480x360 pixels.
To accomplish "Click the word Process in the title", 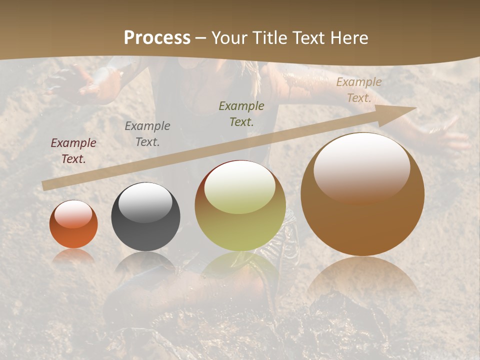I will pyautogui.click(x=157, y=38).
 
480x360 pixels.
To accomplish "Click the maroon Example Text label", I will pyautogui.click(x=73, y=151).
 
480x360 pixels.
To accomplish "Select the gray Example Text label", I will pyautogui.click(x=147, y=134).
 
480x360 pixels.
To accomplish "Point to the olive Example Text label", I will pyautogui.click(x=241, y=113).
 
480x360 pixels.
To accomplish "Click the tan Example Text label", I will pyautogui.click(x=358, y=90).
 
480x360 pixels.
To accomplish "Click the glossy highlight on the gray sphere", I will pyautogui.click(x=145, y=202).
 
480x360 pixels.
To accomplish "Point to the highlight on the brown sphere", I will pyautogui.click(x=361, y=167).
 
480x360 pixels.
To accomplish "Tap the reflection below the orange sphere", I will pyautogui.click(x=73, y=256).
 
